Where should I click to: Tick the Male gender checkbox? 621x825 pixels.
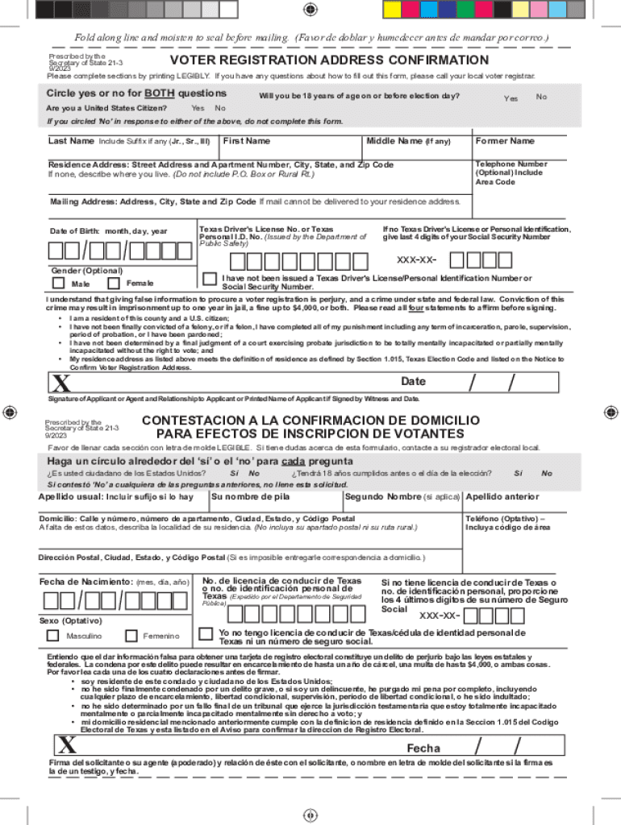(58, 283)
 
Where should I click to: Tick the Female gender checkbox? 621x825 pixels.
(113, 283)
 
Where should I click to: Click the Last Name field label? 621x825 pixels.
(72, 142)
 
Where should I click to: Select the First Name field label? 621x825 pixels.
(247, 142)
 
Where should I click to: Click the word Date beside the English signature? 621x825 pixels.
(414, 381)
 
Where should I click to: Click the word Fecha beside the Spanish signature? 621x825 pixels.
(423, 748)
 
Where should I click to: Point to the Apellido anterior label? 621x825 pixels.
(502, 497)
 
